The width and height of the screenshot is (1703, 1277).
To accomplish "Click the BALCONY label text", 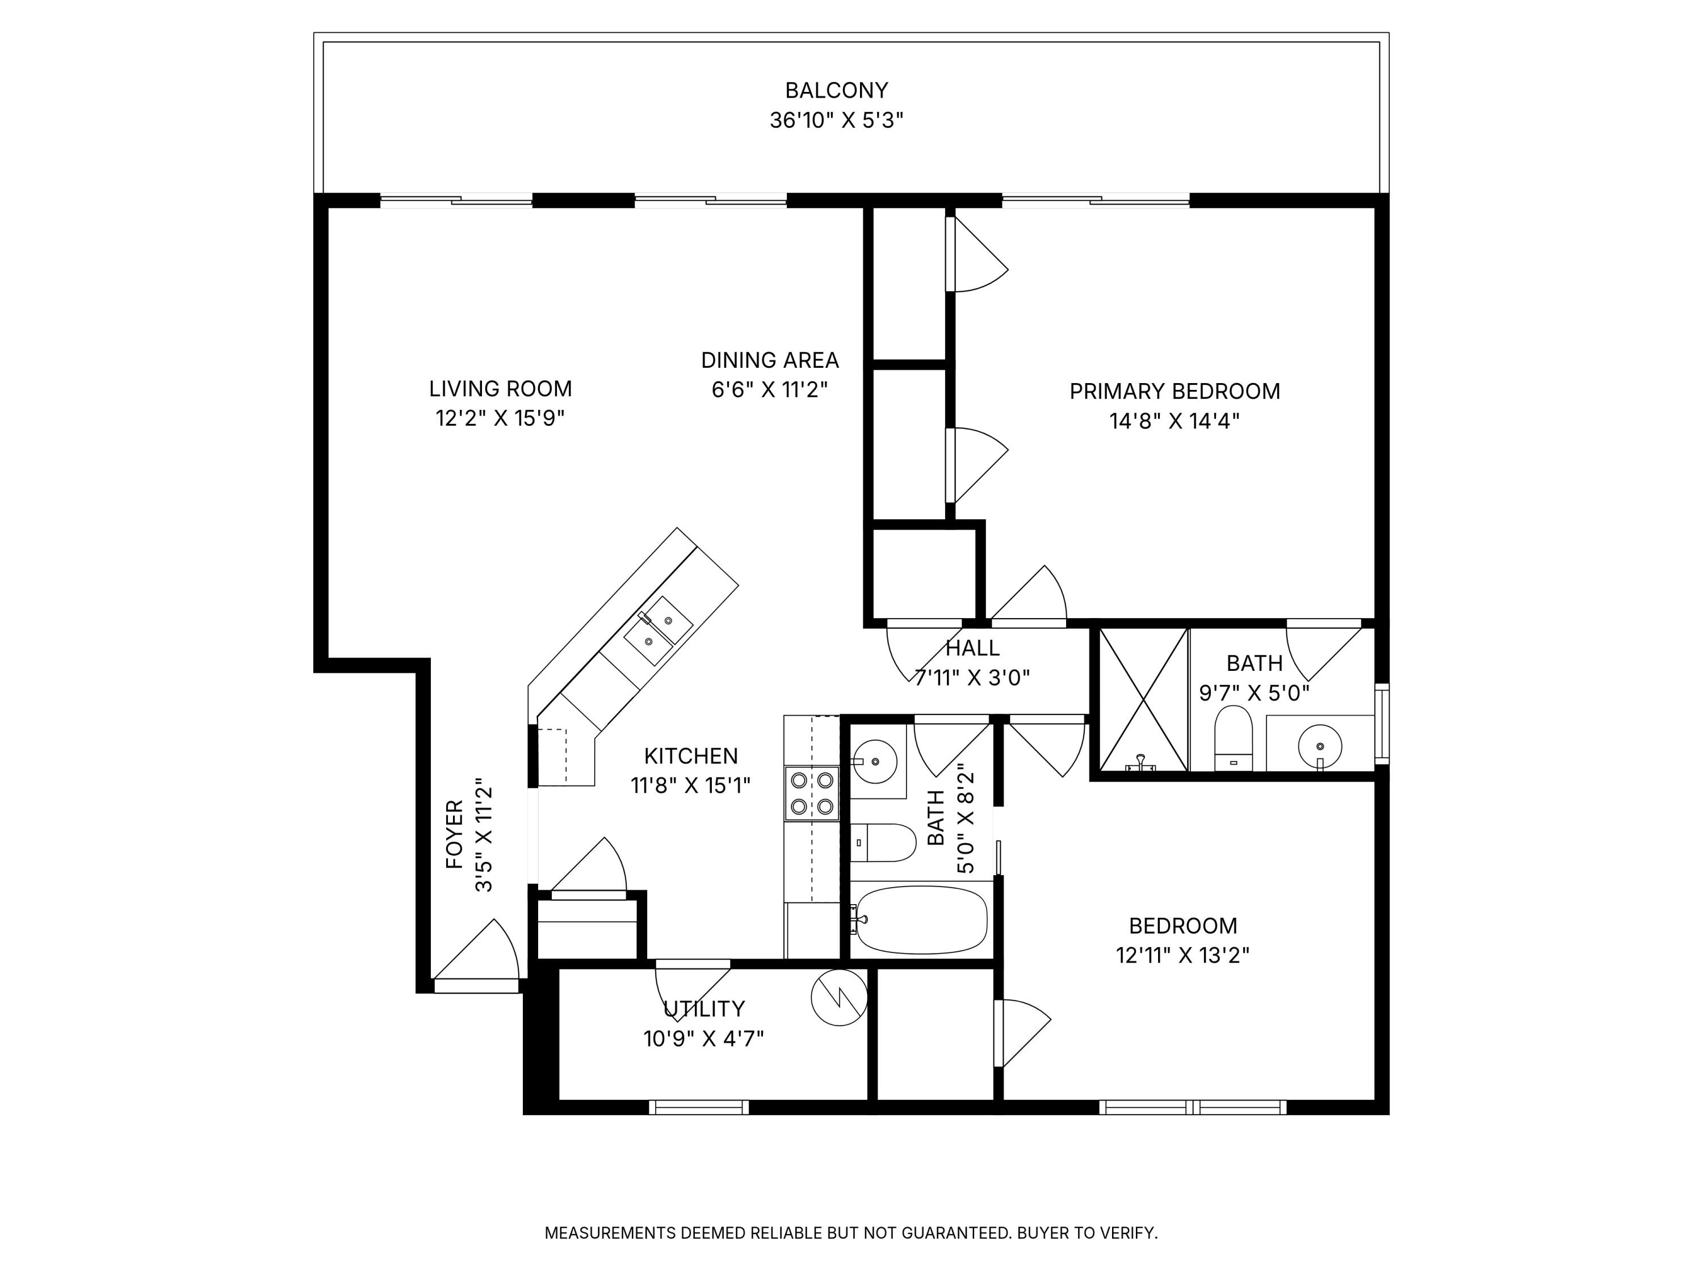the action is click(x=836, y=91).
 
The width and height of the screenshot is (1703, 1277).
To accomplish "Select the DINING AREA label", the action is click(x=770, y=360).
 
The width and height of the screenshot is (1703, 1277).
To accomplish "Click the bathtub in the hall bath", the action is click(x=921, y=920).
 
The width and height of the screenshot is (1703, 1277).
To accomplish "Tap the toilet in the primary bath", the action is click(x=1234, y=738).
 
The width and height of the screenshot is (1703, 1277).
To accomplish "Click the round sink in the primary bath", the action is click(x=1320, y=746).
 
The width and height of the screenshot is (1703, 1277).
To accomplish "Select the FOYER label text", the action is click(x=455, y=835).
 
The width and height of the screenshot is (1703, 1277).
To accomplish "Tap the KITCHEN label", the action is click(x=691, y=756).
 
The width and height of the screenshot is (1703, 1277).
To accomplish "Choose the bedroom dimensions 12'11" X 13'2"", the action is click(x=1182, y=955).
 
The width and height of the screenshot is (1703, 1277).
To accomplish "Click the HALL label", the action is click(x=972, y=648).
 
